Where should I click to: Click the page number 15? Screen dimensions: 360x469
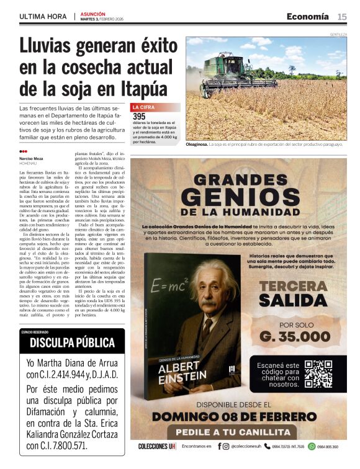(342, 17)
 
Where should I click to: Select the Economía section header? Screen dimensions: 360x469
(307, 17)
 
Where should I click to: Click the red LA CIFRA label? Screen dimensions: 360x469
(145, 107)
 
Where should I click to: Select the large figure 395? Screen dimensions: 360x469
(140, 116)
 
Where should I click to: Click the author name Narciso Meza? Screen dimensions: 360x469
(32, 158)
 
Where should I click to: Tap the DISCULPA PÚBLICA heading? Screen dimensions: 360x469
(72, 342)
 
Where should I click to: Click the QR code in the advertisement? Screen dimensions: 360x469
(318, 373)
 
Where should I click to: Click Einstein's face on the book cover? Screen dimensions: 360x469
(211, 297)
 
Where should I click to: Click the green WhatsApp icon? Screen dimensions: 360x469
(312, 446)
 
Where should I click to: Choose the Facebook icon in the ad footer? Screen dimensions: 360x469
(218, 446)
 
